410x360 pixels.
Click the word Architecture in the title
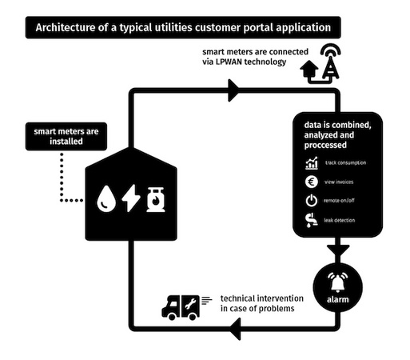[x=66, y=27]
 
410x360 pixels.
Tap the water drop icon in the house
[x=106, y=198]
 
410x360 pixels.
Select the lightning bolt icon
[x=131, y=198]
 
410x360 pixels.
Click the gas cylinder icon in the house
[x=156, y=199]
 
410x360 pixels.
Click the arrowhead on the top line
[x=233, y=90]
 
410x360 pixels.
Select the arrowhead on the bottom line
[x=235, y=329]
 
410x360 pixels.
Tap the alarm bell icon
[x=337, y=282]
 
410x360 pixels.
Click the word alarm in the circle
[x=338, y=299]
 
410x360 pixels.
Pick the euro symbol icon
[x=311, y=182]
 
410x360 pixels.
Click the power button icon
[x=311, y=201]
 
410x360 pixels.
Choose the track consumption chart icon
[x=312, y=163]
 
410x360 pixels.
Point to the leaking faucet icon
[x=312, y=220]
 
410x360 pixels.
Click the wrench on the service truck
[x=190, y=304]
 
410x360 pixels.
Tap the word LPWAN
[x=229, y=62]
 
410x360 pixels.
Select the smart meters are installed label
[x=66, y=136]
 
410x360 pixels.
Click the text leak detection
[x=340, y=220]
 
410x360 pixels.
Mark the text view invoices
[x=339, y=182]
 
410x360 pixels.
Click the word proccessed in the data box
[x=325, y=145]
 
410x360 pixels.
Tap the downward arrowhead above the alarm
[x=338, y=250]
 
